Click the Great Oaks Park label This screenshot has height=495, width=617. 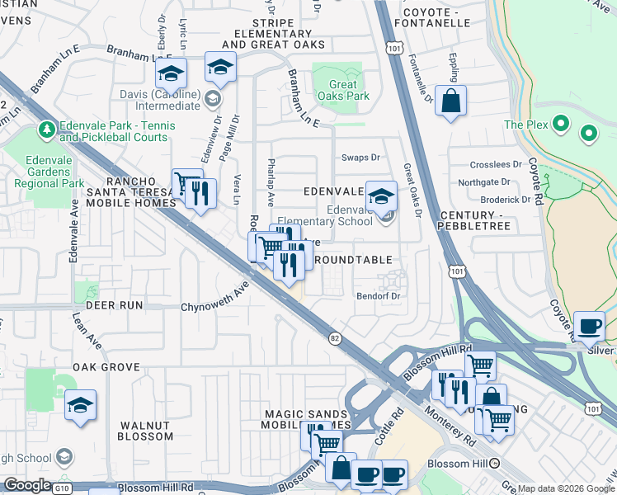tap(342, 90)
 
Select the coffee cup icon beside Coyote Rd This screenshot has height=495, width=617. tap(589, 326)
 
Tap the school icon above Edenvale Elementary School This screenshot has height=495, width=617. tap(381, 196)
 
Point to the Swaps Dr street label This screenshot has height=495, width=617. tap(360, 158)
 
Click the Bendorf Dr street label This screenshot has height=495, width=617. tap(378, 295)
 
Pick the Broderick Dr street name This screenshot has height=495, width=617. tap(506, 200)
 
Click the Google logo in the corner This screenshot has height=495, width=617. tap(27, 485)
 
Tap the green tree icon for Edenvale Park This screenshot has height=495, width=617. tap(46, 130)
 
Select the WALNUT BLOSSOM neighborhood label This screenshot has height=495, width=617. tap(145, 431)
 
